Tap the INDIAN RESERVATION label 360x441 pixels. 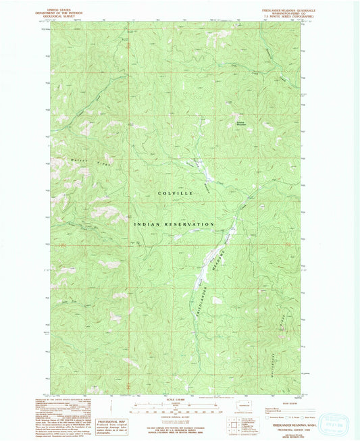174,224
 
